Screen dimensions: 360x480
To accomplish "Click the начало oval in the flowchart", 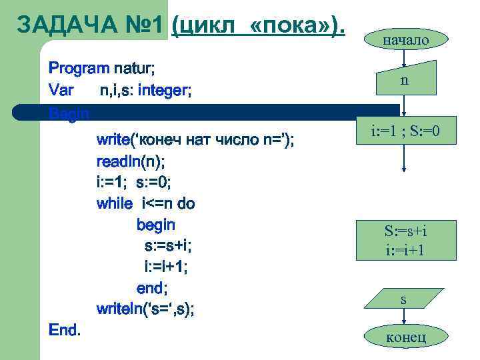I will coord(405,39).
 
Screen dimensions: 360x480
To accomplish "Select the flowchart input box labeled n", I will coord(404,80).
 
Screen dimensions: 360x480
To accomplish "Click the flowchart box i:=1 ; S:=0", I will coord(405,130).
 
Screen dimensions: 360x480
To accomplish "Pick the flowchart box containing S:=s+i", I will coord(405,240).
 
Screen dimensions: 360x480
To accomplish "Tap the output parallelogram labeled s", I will coord(403,300).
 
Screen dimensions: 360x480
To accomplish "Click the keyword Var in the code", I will coord(61,89).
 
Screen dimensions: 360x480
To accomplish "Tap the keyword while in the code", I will coord(114,203).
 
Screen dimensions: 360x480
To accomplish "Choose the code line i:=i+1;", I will coord(166,267).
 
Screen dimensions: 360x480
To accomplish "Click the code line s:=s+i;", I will coord(168,246).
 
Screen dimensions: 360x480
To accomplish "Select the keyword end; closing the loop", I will coord(151,288).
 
